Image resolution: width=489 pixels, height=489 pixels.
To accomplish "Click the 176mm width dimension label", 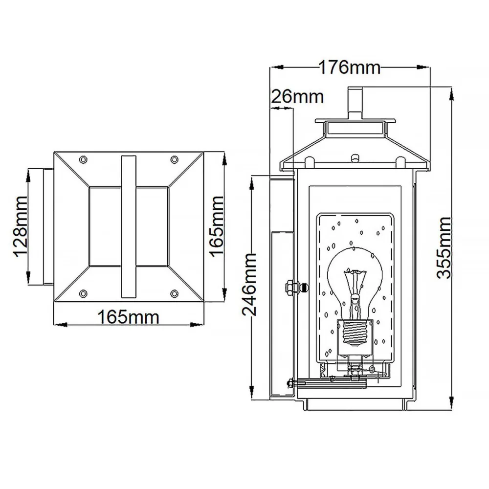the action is tap(349, 67).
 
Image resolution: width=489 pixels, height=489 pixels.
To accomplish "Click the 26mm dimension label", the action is tap(298, 97).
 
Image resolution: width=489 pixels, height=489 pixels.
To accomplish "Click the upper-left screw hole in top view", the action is tap(83, 159).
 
